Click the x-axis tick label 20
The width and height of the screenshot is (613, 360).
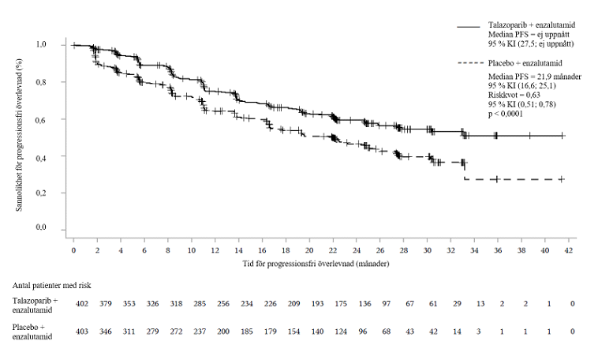tap(309, 250)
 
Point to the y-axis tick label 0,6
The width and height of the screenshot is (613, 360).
tap(41, 120)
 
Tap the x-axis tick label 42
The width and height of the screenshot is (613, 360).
tap(569, 250)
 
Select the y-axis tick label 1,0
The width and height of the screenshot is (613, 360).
tap(41, 44)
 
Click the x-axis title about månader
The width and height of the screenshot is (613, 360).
tap(316, 264)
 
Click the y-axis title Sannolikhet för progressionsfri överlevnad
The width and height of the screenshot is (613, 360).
tap(19, 135)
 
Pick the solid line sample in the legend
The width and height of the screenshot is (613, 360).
tap(469, 27)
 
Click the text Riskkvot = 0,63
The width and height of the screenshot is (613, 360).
tap(514, 95)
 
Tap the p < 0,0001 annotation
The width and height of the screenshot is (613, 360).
tap(506, 114)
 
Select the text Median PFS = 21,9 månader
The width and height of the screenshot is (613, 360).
tap(534, 77)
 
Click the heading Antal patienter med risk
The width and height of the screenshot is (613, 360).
tap(51, 286)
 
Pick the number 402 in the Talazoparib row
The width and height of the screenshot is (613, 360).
tap(82, 304)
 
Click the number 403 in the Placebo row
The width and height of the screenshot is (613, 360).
tap(82, 332)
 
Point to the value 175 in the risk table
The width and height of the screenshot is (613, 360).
tap(341, 304)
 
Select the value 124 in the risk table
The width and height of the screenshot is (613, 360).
tap(341, 332)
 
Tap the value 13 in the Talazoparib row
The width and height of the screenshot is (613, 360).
tap(480, 304)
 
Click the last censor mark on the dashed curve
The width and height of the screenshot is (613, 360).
tap(562, 179)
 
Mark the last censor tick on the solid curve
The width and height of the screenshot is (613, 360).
tap(563, 136)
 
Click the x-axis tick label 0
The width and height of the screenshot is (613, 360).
tap(73, 250)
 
